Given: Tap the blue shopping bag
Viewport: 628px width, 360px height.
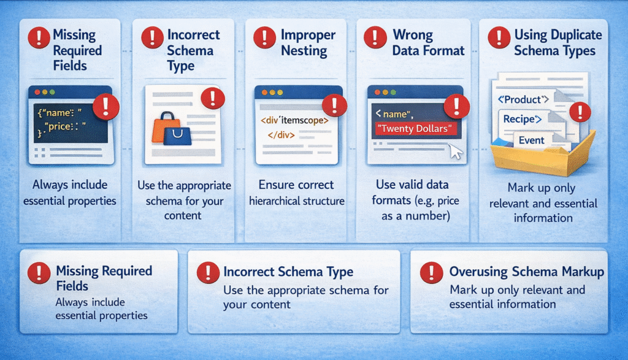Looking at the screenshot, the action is pos(177,136).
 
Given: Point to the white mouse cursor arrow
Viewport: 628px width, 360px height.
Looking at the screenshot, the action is pos(456,151).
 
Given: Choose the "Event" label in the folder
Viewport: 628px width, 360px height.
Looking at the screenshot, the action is pos(532,140).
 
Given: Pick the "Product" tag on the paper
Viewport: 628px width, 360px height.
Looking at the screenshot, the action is pos(523,99).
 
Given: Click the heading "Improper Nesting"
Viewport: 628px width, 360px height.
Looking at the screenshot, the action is pos(308,42).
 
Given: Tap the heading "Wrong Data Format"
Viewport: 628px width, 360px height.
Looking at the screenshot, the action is pos(428,42).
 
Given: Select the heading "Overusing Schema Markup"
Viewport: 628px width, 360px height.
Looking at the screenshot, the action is pos(527,272).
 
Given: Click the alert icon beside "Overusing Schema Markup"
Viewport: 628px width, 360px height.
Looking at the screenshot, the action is pos(431,272).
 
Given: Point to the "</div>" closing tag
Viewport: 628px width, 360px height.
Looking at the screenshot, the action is pos(281,135).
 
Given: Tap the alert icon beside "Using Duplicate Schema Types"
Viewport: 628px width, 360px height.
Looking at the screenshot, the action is pos(499,37).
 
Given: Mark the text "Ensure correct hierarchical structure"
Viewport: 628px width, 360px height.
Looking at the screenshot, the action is pos(296,193).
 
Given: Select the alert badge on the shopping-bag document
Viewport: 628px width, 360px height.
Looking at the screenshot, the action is pos(213,98).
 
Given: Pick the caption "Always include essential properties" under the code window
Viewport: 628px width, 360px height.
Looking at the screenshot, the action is pos(70,193).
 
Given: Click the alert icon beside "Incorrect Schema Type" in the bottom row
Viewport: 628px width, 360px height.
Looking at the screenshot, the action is pos(208,273).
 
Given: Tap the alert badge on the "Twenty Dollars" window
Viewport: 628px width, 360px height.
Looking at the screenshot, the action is pos(456,106).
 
